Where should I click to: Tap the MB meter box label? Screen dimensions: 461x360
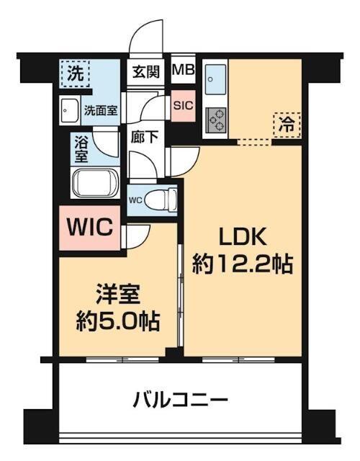point(182,71)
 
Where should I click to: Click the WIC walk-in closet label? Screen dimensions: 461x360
point(89,228)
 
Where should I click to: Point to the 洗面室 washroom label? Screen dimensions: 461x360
point(102,112)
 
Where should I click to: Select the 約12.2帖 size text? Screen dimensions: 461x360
point(242,264)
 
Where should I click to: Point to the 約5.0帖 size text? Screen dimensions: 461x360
point(119,319)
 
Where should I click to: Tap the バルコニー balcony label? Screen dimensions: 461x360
point(181,398)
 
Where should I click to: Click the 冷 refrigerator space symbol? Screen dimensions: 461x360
point(287,122)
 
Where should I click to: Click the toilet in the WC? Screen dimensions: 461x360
point(164,197)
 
